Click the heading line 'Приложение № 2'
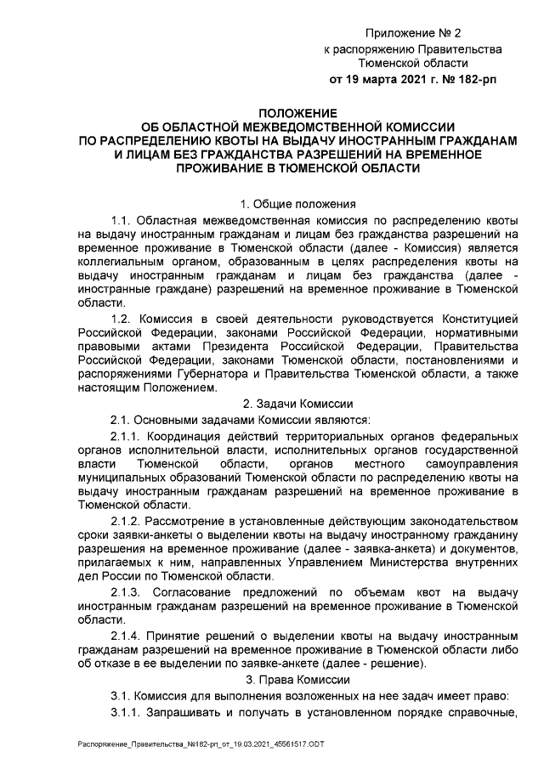point(412,33)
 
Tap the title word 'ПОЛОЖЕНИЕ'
point(297,112)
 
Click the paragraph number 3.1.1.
point(127,710)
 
